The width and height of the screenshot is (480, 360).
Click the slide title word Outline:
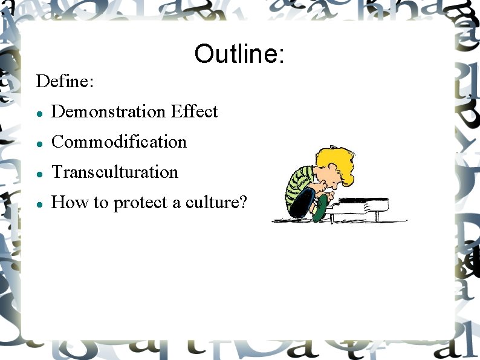coord(239,54)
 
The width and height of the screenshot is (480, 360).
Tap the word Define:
coord(65,81)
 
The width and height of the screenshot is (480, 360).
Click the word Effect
coord(194,111)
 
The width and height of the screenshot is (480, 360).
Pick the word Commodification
coord(119,142)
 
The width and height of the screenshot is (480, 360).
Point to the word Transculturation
coord(115,172)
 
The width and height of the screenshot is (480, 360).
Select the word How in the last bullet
coord(62,202)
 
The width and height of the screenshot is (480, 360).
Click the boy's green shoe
coord(323,206)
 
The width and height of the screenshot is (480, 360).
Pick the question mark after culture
coord(243,202)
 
